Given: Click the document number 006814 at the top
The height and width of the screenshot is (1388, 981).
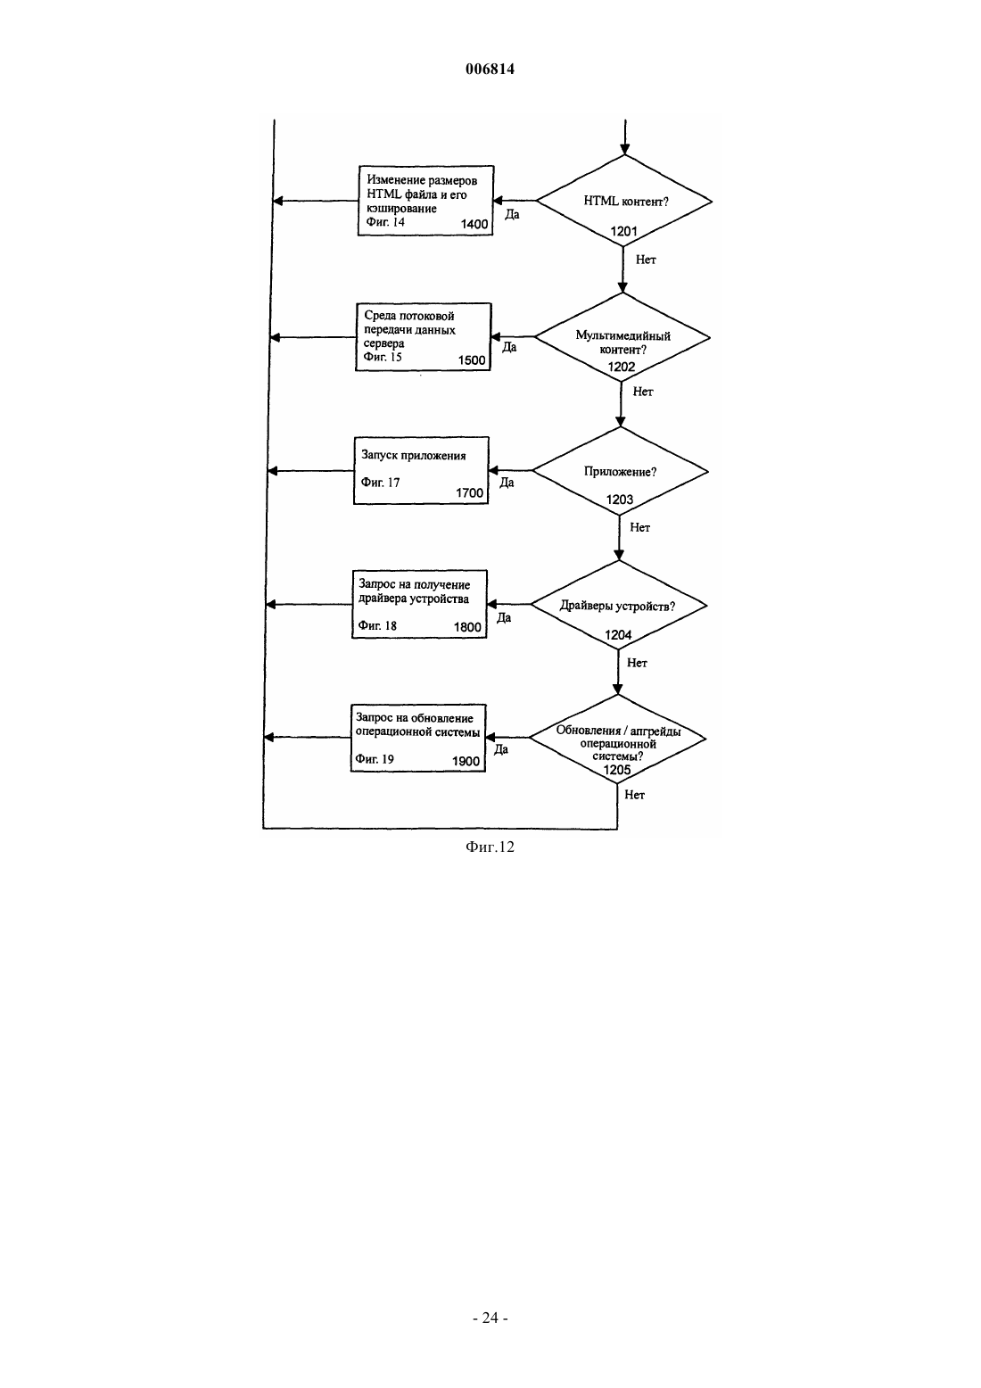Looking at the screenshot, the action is [x=490, y=69].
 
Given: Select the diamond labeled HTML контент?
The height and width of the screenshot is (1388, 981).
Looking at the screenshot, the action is [x=624, y=201].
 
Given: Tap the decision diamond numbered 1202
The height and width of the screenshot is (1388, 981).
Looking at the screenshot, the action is [x=622, y=338].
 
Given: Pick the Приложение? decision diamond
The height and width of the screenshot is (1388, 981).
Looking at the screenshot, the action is [x=620, y=471].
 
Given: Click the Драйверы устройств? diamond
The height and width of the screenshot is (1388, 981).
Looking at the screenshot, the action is [x=619, y=605].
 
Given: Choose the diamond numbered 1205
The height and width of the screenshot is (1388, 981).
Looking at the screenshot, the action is [x=617, y=739].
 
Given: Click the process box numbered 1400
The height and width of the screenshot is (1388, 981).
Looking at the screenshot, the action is [x=425, y=201].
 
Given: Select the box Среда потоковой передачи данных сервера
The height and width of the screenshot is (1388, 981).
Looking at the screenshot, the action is [x=423, y=337].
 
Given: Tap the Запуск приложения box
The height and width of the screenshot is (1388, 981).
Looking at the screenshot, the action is [x=421, y=470].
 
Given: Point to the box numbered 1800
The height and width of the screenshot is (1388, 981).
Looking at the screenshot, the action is [x=419, y=604].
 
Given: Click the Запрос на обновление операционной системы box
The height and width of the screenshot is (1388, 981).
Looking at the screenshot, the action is [x=418, y=738].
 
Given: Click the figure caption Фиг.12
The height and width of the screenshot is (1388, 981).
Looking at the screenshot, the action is [x=490, y=847].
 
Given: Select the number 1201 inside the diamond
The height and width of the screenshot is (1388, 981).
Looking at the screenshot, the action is [x=623, y=232].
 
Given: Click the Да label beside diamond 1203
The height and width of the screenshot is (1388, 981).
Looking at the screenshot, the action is [x=507, y=482].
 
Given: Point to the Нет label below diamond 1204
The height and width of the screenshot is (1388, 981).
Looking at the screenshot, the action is [x=637, y=663].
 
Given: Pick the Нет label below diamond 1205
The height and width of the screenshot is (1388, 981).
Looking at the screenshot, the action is [x=635, y=795].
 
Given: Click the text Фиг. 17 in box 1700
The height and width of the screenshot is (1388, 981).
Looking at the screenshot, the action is [x=380, y=483].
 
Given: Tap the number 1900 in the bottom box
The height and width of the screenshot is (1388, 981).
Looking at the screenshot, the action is [x=466, y=762].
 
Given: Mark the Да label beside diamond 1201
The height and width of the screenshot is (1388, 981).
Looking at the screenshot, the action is [x=512, y=214].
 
